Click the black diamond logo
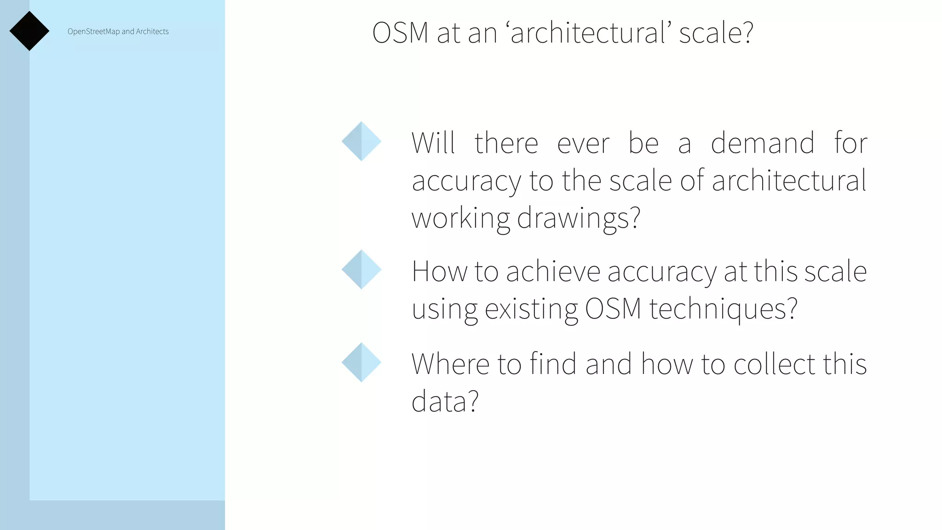click(x=29, y=31)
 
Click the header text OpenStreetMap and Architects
click(x=118, y=31)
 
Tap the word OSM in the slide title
click(x=400, y=33)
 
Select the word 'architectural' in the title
click(x=588, y=33)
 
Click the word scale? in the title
click(x=716, y=33)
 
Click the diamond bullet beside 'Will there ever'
click(x=362, y=141)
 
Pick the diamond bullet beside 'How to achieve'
click(x=362, y=270)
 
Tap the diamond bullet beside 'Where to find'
click(x=362, y=362)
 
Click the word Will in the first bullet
click(x=433, y=143)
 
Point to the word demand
click(x=763, y=143)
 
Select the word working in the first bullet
click(x=460, y=218)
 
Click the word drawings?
click(x=579, y=218)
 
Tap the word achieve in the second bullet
click(x=553, y=271)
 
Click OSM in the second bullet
click(x=613, y=309)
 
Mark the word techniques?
click(x=723, y=309)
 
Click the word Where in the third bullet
click(x=450, y=364)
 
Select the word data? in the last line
click(x=445, y=401)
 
